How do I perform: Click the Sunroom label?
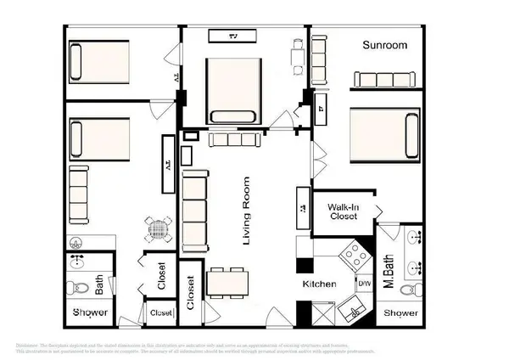coord(385,45)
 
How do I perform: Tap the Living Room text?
coord(247,211)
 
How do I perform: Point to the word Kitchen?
coord(319,284)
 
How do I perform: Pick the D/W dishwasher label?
coord(365,283)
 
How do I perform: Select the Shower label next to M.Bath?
coord(400,313)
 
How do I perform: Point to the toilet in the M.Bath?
coord(413,291)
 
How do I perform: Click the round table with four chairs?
coord(156,228)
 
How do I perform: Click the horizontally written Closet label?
coord(160,313)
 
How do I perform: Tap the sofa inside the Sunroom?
coord(387,79)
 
